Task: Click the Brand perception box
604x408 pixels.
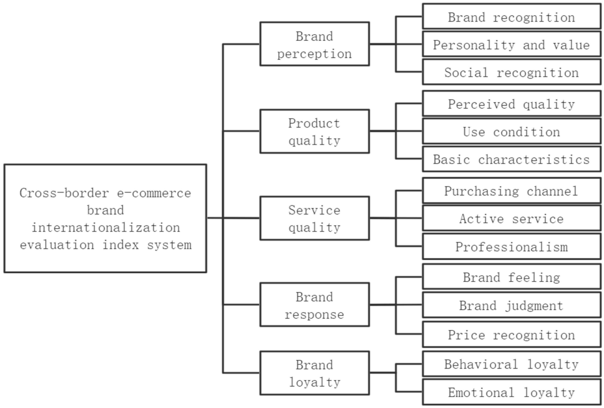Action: (x=315, y=44)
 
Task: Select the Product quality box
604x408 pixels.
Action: (x=315, y=131)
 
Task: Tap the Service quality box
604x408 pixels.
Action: (x=315, y=218)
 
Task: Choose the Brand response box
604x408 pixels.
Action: (x=315, y=305)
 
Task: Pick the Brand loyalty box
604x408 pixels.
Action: (x=315, y=373)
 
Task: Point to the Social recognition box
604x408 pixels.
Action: (x=512, y=72)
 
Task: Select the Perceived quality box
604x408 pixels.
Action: (x=512, y=104)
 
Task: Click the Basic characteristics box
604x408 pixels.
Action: (x=512, y=159)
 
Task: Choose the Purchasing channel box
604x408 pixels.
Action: (x=512, y=191)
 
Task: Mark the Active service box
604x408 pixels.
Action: (x=512, y=218)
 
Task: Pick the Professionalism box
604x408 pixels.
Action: (x=512, y=246)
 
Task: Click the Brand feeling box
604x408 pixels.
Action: (x=512, y=277)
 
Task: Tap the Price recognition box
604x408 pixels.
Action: (x=512, y=335)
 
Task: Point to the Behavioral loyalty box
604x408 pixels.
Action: (x=512, y=364)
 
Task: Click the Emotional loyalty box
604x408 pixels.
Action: (x=512, y=392)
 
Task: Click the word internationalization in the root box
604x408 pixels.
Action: (x=106, y=228)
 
